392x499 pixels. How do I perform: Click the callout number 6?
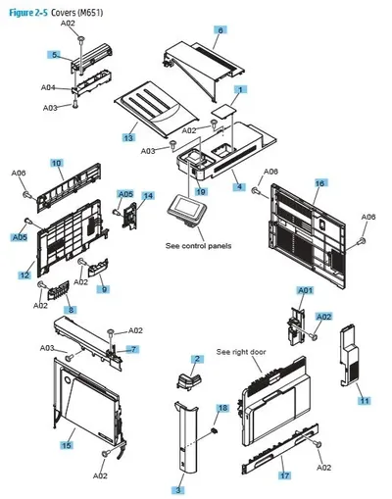click(220, 30)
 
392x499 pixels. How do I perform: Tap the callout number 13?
click(128, 137)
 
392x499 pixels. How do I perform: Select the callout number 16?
click(319, 183)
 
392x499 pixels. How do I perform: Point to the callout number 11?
click(365, 400)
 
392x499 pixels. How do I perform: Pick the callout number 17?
click(284, 475)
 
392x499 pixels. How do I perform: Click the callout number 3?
click(178, 490)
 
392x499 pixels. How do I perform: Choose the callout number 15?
click(67, 445)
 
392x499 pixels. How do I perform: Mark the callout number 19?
click(201, 192)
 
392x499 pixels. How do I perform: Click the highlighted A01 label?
click(305, 290)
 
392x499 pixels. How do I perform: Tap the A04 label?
click(48, 87)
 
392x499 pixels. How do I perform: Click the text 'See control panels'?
click(198, 246)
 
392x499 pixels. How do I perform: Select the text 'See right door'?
click(241, 352)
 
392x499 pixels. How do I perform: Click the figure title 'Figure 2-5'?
click(28, 13)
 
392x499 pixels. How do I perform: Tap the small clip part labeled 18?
click(215, 430)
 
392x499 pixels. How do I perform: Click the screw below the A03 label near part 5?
click(75, 104)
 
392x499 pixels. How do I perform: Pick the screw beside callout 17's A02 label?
click(318, 444)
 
